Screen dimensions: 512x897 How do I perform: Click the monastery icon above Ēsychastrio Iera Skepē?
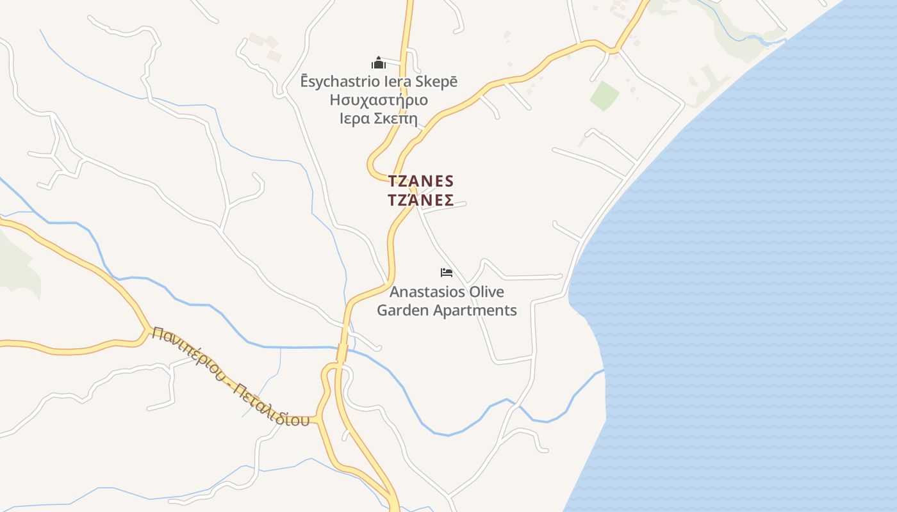click(379, 63)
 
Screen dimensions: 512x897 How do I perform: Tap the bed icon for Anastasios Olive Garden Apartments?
click(447, 273)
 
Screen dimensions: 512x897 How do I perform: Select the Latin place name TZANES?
click(421, 181)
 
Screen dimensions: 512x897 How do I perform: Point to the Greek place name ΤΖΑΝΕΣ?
click(421, 200)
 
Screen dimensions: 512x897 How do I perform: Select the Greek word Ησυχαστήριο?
click(379, 100)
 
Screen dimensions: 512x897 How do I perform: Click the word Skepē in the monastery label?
click(438, 82)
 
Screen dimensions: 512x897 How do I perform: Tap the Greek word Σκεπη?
click(397, 119)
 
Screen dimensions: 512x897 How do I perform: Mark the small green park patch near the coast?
click(604, 95)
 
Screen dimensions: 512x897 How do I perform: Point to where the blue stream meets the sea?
click(602, 371)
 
